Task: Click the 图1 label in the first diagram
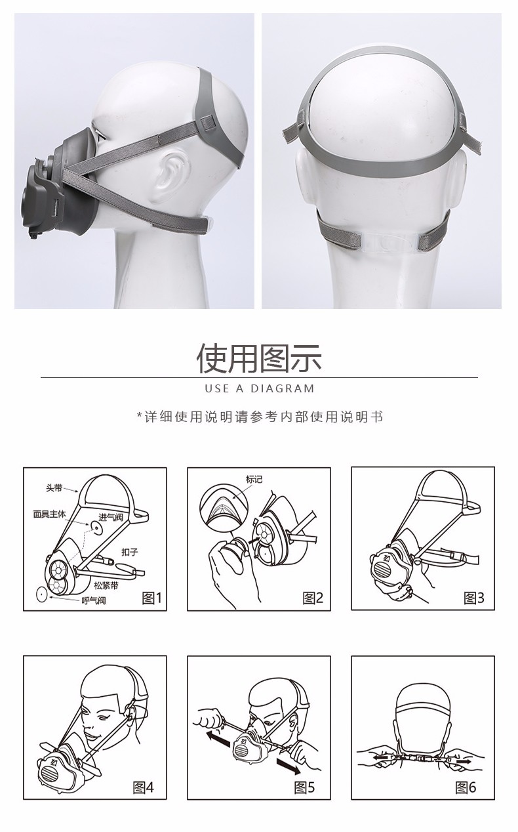click(x=151, y=597)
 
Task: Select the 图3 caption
click(x=473, y=597)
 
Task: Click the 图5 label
click(x=304, y=787)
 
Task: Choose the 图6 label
click(x=466, y=787)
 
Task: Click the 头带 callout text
click(x=54, y=488)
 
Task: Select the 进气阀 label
click(x=111, y=518)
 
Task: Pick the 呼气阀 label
click(x=93, y=600)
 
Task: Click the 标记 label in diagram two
click(x=254, y=480)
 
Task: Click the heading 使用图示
click(x=260, y=358)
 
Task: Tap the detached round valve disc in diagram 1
click(x=41, y=594)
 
